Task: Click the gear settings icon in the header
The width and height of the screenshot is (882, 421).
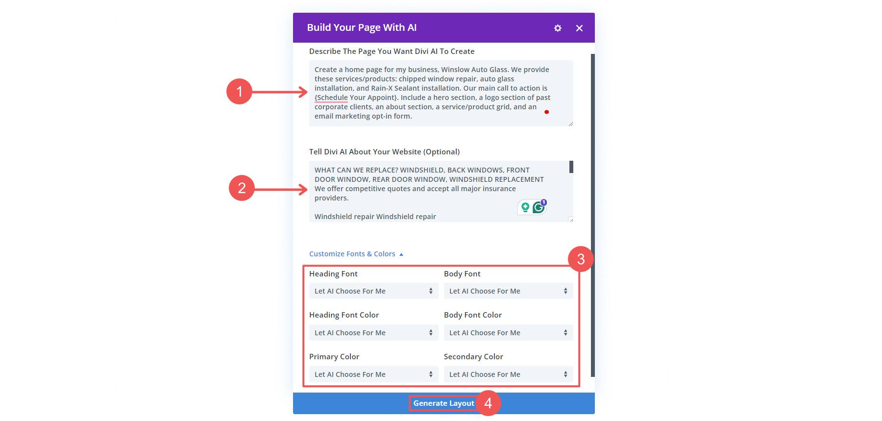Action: coord(558,28)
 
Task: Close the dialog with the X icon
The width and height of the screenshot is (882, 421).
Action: coord(579,28)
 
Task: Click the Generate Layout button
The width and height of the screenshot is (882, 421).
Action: coord(443,403)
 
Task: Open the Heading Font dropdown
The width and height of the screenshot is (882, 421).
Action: coord(373,291)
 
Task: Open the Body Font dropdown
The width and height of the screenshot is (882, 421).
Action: coord(508,291)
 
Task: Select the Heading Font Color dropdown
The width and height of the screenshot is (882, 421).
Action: coord(373,333)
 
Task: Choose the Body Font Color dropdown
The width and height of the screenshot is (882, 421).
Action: coord(508,333)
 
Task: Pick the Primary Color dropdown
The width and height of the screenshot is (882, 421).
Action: coord(373,374)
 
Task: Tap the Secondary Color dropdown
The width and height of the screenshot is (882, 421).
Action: coord(508,374)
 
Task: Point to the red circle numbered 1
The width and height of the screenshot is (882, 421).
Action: coord(239,92)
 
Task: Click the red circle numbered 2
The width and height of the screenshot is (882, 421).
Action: coord(242,188)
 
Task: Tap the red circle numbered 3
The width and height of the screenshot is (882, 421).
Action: coord(581,259)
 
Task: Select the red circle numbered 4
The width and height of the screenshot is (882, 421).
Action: coord(488,403)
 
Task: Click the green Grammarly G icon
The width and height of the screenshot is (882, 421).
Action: coord(539,207)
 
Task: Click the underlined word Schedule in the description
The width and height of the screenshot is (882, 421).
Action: coord(332,98)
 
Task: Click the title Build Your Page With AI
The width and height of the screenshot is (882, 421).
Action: coord(362,28)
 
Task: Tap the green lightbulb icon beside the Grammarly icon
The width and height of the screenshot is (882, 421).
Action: coord(525,207)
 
